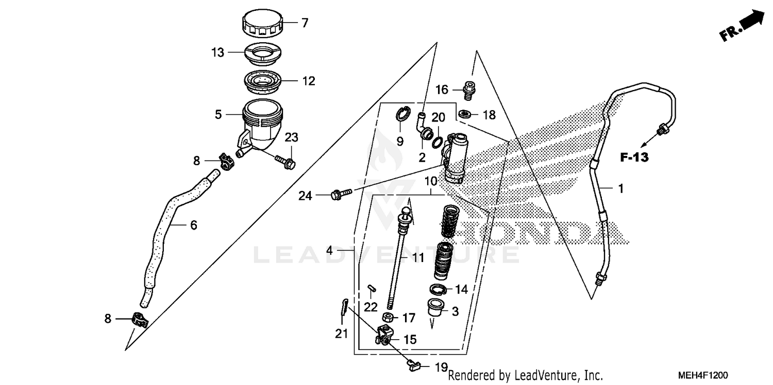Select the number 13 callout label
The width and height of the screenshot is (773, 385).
point(218,52)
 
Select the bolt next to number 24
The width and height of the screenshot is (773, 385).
point(341,195)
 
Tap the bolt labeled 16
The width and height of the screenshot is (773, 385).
point(469,91)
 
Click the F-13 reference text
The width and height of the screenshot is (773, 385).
point(634,158)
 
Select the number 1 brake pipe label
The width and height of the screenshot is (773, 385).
point(621,189)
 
